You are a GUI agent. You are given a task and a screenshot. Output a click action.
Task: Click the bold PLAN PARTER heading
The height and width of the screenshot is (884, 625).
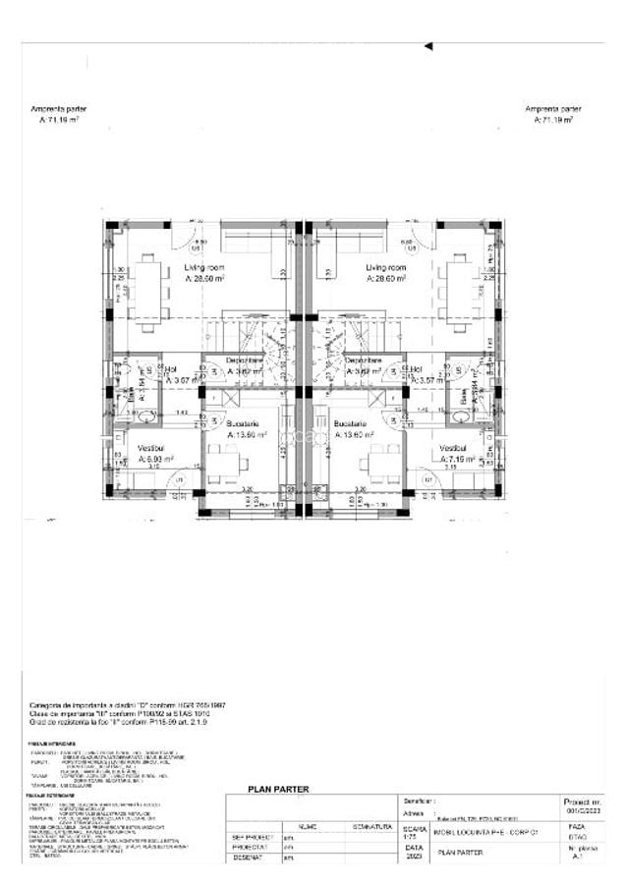(x=278, y=789)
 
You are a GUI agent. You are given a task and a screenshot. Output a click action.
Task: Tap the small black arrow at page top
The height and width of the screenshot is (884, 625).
(x=427, y=45)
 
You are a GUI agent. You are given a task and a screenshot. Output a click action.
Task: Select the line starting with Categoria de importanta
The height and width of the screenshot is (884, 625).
(x=128, y=705)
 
